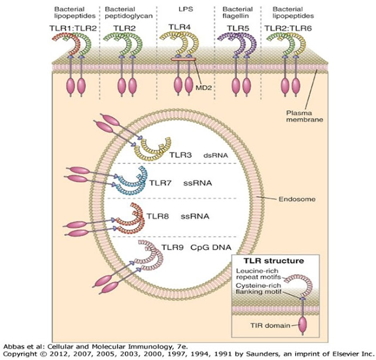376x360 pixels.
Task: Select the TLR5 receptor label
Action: [241, 27]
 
